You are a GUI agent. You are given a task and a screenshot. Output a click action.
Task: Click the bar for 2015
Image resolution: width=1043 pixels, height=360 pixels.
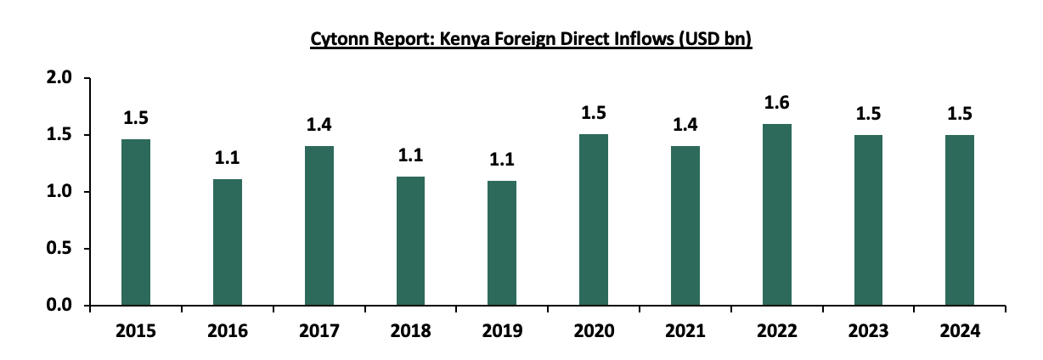click(136, 222)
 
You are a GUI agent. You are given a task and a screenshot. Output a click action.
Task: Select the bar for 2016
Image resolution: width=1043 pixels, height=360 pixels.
click(228, 242)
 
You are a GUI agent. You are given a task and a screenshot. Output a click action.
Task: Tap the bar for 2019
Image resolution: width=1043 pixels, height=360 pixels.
click(502, 243)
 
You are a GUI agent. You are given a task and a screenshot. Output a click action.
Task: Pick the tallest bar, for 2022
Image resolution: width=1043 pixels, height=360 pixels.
click(777, 215)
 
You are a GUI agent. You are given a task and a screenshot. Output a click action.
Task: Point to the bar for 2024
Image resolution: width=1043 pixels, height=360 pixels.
click(961, 220)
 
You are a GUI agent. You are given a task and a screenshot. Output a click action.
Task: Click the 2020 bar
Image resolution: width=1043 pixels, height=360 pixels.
click(594, 220)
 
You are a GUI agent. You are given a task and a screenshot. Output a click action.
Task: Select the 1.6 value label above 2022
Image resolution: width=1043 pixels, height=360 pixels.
click(777, 104)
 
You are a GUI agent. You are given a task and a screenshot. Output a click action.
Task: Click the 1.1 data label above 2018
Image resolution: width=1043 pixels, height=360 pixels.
click(411, 156)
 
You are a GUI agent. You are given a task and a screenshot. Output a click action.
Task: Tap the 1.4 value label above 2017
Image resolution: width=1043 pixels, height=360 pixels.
click(319, 126)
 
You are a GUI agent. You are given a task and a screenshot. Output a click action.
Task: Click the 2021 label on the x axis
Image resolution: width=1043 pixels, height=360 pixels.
click(685, 330)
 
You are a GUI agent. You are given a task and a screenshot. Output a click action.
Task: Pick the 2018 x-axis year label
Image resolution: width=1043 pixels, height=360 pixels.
click(411, 330)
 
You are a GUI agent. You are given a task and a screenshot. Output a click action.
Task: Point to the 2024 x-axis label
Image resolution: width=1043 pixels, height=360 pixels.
click(961, 330)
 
